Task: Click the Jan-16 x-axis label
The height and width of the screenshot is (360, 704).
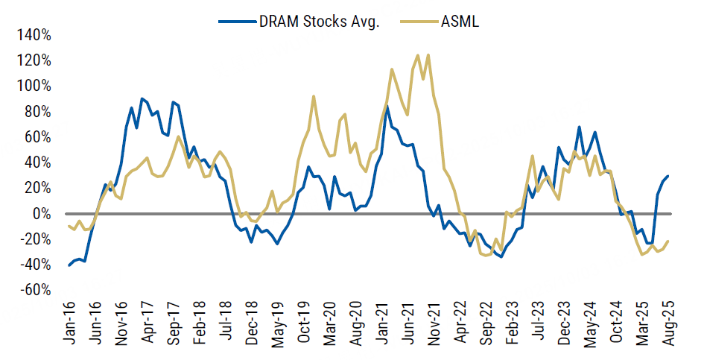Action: click(70, 326)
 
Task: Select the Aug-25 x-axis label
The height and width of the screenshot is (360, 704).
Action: click(667, 326)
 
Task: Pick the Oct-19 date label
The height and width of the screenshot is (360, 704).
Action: click(303, 326)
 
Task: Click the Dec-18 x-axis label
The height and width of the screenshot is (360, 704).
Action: click(252, 326)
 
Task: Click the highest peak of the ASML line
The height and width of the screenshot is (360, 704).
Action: click(417, 54)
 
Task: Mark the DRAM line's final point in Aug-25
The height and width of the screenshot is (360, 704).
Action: click(667, 176)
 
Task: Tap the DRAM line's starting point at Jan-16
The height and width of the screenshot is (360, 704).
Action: click(69, 265)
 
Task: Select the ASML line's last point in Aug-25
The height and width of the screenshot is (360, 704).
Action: click(667, 241)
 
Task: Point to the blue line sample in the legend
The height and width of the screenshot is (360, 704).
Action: click(233, 22)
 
